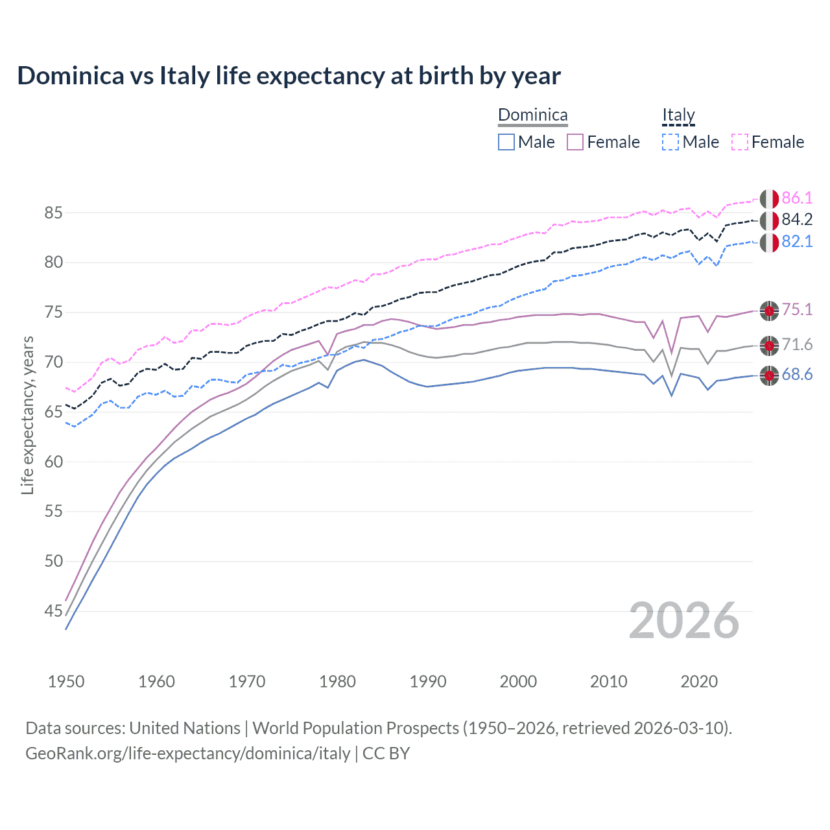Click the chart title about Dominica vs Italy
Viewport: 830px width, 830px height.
pyautogui.click(x=289, y=76)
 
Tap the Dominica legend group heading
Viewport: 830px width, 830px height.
pyautogui.click(x=532, y=115)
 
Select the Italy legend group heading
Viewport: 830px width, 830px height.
pyautogui.click(x=678, y=115)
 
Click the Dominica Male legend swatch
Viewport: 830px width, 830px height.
pyautogui.click(x=506, y=142)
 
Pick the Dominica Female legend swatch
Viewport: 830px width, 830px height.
pyautogui.click(x=575, y=142)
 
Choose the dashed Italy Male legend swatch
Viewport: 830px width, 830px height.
pyautogui.click(x=670, y=142)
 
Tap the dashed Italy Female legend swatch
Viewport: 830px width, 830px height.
pyautogui.click(x=740, y=142)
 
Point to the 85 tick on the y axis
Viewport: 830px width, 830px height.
pyautogui.click(x=54, y=213)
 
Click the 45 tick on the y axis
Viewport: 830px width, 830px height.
pyautogui.click(x=54, y=611)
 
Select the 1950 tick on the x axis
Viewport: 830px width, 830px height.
pyautogui.click(x=66, y=682)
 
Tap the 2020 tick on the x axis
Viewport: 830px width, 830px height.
pyautogui.click(x=699, y=682)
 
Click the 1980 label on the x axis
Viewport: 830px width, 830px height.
pyautogui.click(x=337, y=682)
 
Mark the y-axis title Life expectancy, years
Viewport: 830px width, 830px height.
pyautogui.click(x=28, y=415)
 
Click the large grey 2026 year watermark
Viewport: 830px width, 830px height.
pyautogui.click(x=683, y=621)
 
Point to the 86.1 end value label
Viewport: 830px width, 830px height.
pyautogui.click(x=797, y=198)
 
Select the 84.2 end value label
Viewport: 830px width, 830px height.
pyautogui.click(x=797, y=220)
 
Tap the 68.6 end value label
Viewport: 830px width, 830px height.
pyautogui.click(x=797, y=375)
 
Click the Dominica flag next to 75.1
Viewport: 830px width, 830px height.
pyautogui.click(x=769, y=311)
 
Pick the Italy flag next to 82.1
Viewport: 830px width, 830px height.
pyautogui.click(x=769, y=243)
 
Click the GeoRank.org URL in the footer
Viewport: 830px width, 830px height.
pyautogui.click(x=187, y=753)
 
